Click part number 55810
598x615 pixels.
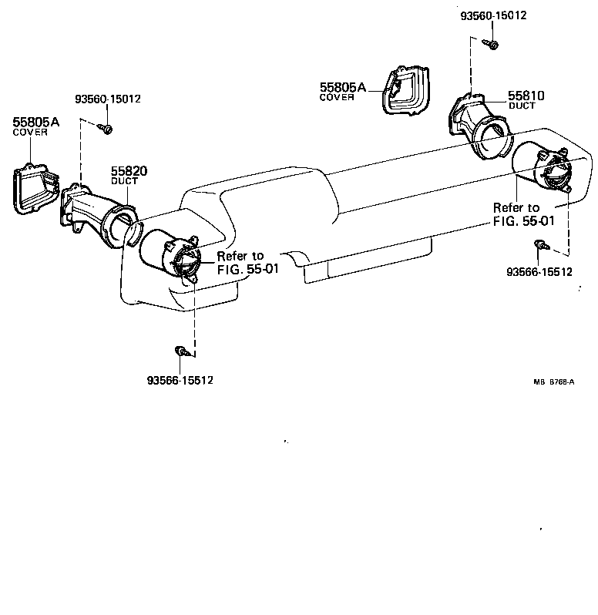526,96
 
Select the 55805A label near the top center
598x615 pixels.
343,88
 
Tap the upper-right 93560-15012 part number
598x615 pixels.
494,15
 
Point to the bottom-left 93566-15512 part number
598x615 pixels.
180,380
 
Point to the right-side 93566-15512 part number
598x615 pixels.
539,271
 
